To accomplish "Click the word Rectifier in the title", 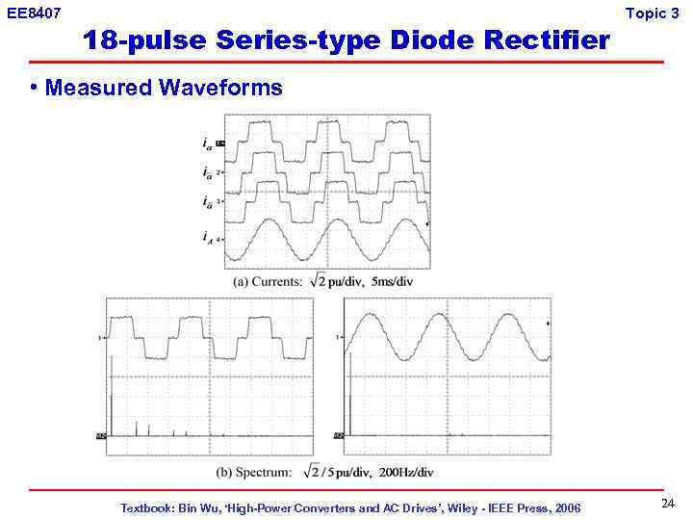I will point(547,40).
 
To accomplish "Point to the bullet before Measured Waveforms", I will point(34,88).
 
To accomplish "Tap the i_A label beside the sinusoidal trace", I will point(208,236).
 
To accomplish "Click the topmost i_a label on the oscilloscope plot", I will point(208,144).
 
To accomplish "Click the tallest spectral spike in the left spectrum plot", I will point(113,404).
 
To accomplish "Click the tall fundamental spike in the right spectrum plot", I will point(350,395).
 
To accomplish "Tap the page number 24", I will point(668,504).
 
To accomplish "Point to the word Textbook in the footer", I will point(146,507).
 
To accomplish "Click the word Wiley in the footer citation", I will point(439,507).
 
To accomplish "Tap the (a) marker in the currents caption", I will point(243,281).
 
